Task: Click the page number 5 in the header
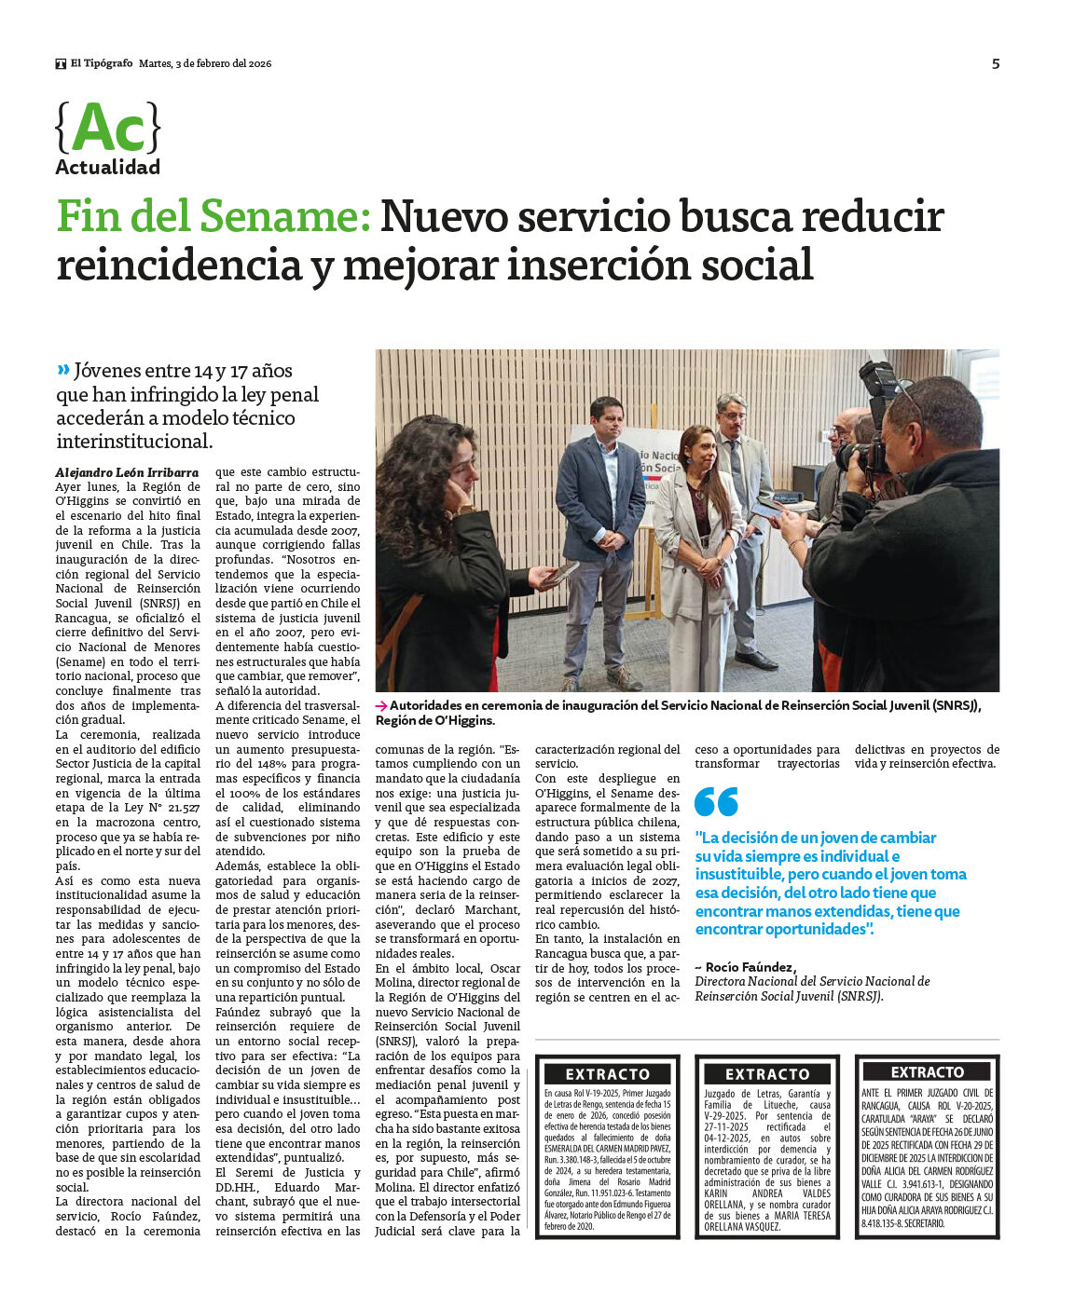click(x=995, y=63)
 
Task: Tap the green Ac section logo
click(x=108, y=129)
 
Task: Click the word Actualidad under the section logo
click(x=107, y=168)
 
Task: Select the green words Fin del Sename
click(x=213, y=217)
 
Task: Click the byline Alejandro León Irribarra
click(x=127, y=472)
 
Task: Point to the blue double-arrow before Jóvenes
click(x=63, y=370)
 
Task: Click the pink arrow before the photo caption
click(x=381, y=706)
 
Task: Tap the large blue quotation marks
click(x=716, y=802)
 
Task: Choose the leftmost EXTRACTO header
click(x=607, y=1073)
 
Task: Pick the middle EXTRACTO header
click(x=767, y=1073)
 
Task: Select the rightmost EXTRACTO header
click(x=927, y=1072)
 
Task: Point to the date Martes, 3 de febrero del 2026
click(x=205, y=63)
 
